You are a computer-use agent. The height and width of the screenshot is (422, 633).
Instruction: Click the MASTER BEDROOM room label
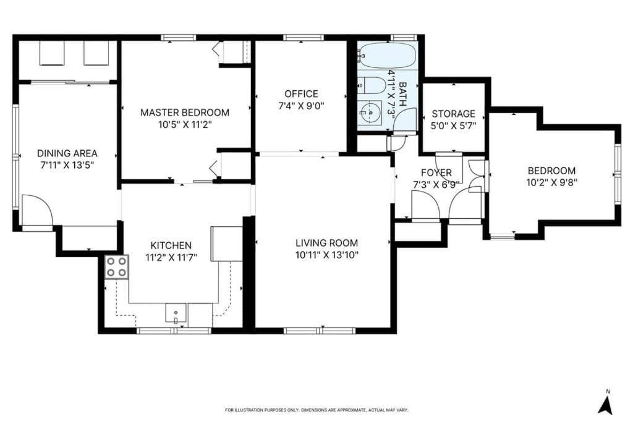[184, 112]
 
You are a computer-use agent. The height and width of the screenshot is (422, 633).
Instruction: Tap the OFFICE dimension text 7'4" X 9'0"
[301, 106]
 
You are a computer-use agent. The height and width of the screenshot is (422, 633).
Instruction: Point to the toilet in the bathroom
[372, 85]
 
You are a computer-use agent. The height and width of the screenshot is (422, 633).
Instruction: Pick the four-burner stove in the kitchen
[117, 267]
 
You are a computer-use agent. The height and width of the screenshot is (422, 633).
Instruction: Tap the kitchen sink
[176, 313]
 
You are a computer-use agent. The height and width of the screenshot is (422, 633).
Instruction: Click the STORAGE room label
[453, 114]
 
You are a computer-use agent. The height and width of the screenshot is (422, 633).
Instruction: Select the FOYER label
[436, 172]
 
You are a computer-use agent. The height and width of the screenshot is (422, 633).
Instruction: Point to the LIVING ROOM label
[326, 243]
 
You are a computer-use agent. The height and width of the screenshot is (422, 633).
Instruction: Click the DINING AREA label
[67, 153]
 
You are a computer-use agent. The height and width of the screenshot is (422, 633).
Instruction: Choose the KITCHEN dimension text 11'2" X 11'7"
[171, 258]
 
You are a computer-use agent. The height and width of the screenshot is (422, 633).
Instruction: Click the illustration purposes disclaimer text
[317, 410]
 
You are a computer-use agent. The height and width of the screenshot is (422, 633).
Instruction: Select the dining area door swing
[37, 211]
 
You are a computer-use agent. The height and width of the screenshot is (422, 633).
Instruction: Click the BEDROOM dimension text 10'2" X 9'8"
[551, 182]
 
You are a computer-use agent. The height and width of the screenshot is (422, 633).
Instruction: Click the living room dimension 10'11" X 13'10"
[326, 255]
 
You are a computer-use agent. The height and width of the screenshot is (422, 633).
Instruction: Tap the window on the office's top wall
[304, 38]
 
